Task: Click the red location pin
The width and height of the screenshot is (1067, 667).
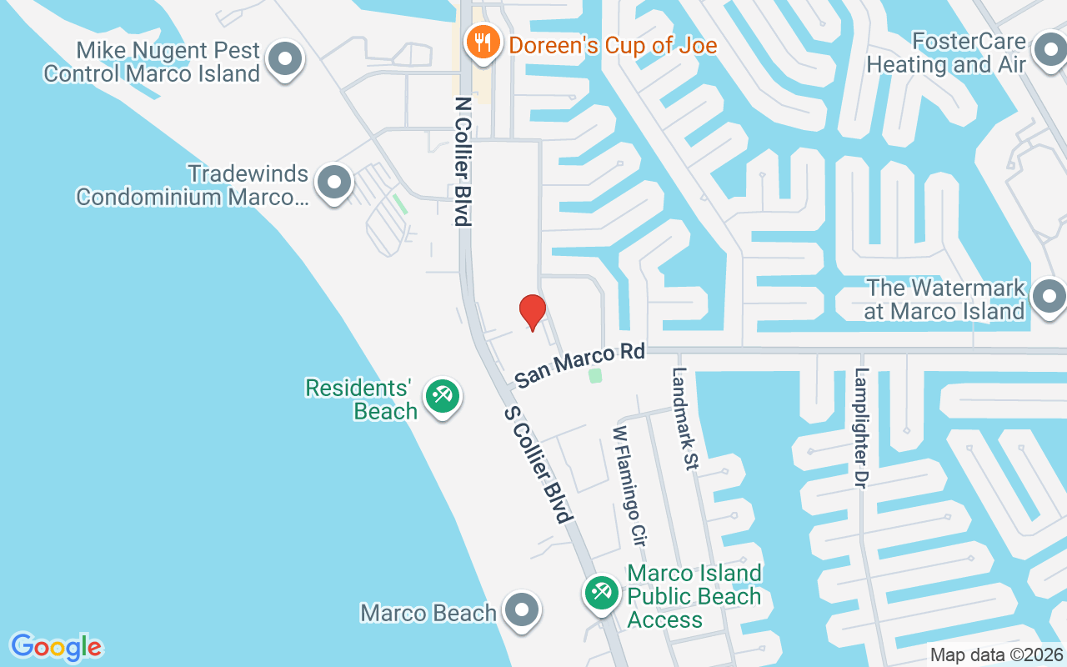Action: click(532, 312)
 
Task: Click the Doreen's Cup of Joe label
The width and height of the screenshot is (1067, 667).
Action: click(613, 45)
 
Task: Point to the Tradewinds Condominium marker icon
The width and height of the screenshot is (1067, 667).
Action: click(335, 182)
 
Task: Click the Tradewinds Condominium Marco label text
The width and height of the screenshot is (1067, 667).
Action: click(192, 186)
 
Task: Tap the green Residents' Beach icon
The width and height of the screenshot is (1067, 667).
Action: click(441, 395)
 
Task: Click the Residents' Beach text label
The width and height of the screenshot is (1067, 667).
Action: click(361, 399)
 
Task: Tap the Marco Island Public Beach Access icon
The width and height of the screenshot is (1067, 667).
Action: click(600, 593)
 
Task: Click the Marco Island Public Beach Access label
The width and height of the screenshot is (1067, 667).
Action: click(694, 596)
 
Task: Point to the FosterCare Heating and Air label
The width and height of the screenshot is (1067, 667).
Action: click(945, 53)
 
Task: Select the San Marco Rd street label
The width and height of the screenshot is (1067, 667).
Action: click(580, 365)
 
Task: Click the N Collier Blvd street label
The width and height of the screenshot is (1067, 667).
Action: click(463, 161)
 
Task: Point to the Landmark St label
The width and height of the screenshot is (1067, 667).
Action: click(683, 419)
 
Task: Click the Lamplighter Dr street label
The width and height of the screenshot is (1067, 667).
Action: click(862, 428)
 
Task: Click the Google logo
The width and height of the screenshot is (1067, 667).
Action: click(56, 647)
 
